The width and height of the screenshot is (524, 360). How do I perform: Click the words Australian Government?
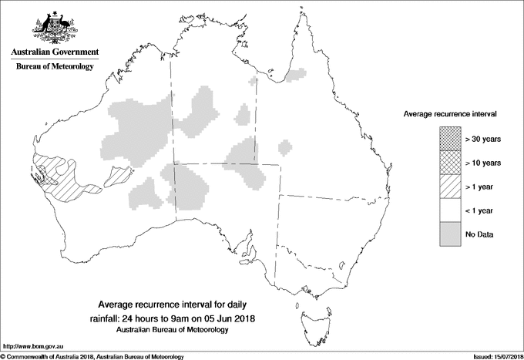pos(54,52)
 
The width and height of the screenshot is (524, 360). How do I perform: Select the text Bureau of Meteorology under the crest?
pos(54,67)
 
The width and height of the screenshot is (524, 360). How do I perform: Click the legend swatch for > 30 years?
pos(449,140)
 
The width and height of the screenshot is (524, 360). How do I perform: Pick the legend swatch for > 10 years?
pos(449,163)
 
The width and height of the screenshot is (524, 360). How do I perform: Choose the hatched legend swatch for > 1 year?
pos(449,187)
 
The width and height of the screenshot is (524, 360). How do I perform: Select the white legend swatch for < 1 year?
pos(449,210)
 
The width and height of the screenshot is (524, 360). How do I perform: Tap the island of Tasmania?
pos(311,314)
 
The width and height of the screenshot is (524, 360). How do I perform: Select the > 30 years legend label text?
pos(483,140)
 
